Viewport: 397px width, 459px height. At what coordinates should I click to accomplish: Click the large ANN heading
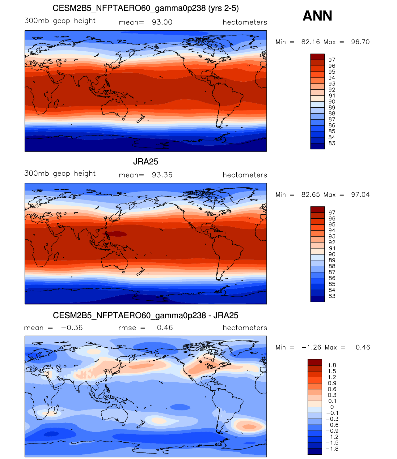click(x=317, y=16)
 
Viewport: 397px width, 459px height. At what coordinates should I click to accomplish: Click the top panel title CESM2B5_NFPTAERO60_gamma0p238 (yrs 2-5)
click(x=146, y=8)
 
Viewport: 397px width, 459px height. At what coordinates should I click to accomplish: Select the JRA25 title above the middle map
click(x=146, y=161)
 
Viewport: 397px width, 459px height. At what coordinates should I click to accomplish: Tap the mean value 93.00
click(x=162, y=22)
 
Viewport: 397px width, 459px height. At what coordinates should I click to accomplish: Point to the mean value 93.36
click(x=162, y=175)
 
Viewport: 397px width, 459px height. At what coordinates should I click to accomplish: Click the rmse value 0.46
click(x=165, y=328)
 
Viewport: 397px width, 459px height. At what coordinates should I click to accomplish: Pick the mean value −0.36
click(x=72, y=328)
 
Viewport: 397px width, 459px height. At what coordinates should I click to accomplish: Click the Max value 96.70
click(x=360, y=42)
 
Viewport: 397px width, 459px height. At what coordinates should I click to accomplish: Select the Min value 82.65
click(x=310, y=195)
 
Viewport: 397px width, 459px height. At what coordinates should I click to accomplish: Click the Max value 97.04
click(x=360, y=195)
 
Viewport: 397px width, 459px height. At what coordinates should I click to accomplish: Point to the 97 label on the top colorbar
click(x=332, y=60)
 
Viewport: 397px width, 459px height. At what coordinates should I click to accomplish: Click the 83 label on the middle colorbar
click(x=332, y=296)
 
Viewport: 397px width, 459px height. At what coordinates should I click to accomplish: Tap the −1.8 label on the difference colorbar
click(x=332, y=449)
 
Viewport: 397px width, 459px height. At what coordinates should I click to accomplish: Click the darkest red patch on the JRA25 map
click(x=116, y=234)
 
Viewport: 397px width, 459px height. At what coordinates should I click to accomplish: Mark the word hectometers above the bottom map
click(x=245, y=328)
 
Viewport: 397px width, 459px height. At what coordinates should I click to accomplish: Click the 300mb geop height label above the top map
click(x=60, y=21)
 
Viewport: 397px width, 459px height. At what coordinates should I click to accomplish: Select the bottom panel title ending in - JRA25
click(x=146, y=315)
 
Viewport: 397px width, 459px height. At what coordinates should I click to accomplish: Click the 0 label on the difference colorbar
click(x=332, y=407)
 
